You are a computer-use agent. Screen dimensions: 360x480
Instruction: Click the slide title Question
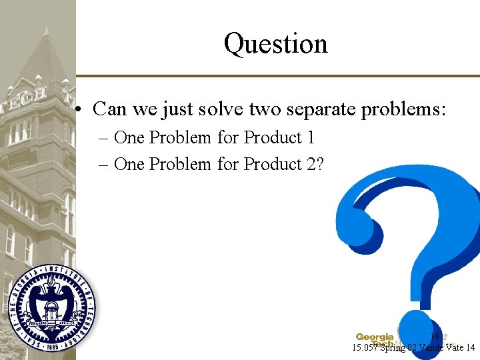[275, 44]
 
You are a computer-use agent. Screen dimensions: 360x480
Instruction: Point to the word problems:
[403, 108]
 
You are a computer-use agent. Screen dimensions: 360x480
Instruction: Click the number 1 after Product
[310, 137]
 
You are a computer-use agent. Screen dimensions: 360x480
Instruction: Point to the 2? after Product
[315, 164]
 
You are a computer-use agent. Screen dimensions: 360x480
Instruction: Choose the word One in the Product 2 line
[129, 164]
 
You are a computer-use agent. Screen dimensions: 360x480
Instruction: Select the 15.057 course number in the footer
[366, 347]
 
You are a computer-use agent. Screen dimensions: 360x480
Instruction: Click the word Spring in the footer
[393, 347]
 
